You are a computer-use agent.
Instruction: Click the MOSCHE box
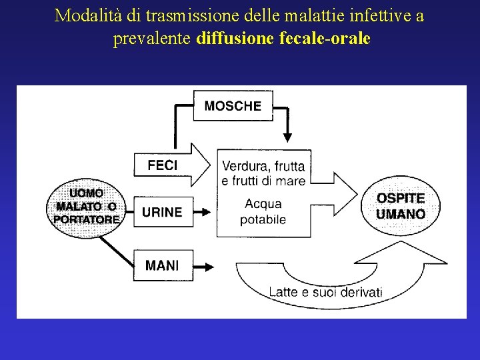point(233,105)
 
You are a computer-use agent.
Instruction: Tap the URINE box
point(162,212)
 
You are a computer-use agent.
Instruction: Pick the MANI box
point(162,265)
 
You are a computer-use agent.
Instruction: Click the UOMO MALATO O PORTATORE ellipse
point(85,205)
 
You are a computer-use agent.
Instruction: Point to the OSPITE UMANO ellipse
point(400,205)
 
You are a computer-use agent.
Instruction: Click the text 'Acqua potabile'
point(263,211)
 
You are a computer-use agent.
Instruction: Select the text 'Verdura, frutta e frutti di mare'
point(263,173)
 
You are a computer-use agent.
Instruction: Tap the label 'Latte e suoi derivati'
point(325,292)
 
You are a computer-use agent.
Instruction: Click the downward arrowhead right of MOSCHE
point(287,136)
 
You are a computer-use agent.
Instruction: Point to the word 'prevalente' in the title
point(152,39)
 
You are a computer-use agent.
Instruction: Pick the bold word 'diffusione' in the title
point(235,39)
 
